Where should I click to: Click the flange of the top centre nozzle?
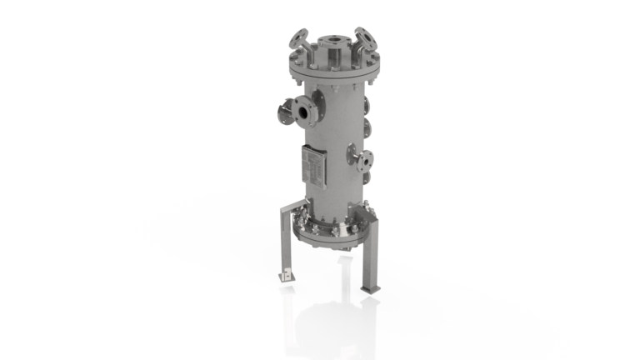click(331, 38)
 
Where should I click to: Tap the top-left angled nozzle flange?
click(297, 38)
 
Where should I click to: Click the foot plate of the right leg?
click(369, 288)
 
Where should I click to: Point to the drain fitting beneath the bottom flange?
click(337, 243)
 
